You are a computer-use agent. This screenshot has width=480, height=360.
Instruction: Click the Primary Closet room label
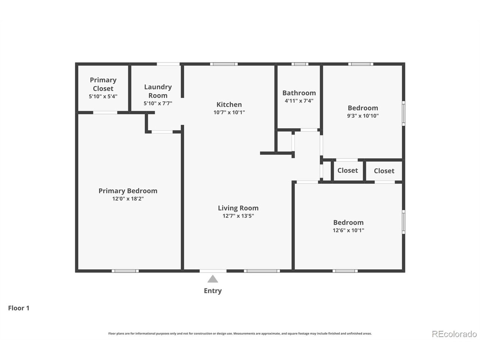point(103,84)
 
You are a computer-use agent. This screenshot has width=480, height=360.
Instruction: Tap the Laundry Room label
point(158,91)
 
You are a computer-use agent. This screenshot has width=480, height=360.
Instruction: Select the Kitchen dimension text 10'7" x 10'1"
point(229,112)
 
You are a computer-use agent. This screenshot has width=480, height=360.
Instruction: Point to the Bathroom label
point(299,93)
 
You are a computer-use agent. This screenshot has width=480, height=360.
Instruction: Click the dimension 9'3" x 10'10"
point(363,115)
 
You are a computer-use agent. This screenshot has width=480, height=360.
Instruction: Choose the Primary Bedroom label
point(128,191)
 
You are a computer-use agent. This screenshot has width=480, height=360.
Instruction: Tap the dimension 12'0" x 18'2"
point(128,199)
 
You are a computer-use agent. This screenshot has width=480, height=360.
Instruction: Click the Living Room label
point(238,208)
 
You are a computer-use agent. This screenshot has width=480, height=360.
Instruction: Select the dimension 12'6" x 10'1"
point(348,230)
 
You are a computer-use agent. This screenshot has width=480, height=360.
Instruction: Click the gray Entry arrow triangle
point(213,279)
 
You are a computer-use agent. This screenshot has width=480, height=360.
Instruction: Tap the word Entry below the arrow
point(213,291)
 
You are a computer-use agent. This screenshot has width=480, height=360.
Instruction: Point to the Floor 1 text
point(19,308)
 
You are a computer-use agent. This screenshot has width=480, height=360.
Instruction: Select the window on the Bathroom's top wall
point(300,64)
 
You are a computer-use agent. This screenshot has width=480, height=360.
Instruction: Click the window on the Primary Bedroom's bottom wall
point(125,271)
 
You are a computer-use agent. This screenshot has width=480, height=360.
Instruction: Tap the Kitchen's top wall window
point(224,64)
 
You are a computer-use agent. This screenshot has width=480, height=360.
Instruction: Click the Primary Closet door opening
point(105,112)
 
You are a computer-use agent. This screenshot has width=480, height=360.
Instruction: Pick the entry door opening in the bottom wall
point(213,271)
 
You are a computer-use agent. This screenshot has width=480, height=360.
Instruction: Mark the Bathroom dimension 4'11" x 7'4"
point(299,101)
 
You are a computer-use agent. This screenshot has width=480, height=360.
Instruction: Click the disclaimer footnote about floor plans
point(240,333)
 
